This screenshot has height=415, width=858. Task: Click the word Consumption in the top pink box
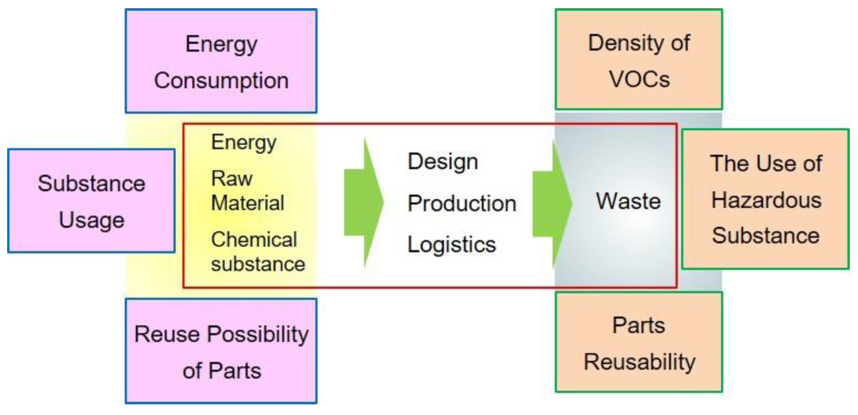point(221,80)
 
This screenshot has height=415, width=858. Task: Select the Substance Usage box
point(91,201)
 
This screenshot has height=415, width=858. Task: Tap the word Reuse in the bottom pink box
point(167,334)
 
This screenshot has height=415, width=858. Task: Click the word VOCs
point(639,79)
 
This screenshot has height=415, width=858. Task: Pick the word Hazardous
point(766,200)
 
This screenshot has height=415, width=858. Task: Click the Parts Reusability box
point(639,342)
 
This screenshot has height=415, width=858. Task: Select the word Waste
point(628,201)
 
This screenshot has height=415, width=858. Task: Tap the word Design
point(443,162)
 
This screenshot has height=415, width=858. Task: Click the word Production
point(462,203)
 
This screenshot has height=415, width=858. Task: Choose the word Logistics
point(452,245)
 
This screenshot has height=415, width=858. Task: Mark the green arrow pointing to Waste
point(552,204)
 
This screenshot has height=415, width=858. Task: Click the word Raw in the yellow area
point(232,178)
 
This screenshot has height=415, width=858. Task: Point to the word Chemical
point(254,239)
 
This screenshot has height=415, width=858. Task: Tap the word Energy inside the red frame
point(244,143)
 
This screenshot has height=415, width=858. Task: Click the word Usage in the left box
point(91,220)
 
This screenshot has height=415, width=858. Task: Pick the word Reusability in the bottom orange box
point(639,362)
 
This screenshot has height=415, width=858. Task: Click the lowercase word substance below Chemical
point(258,264)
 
